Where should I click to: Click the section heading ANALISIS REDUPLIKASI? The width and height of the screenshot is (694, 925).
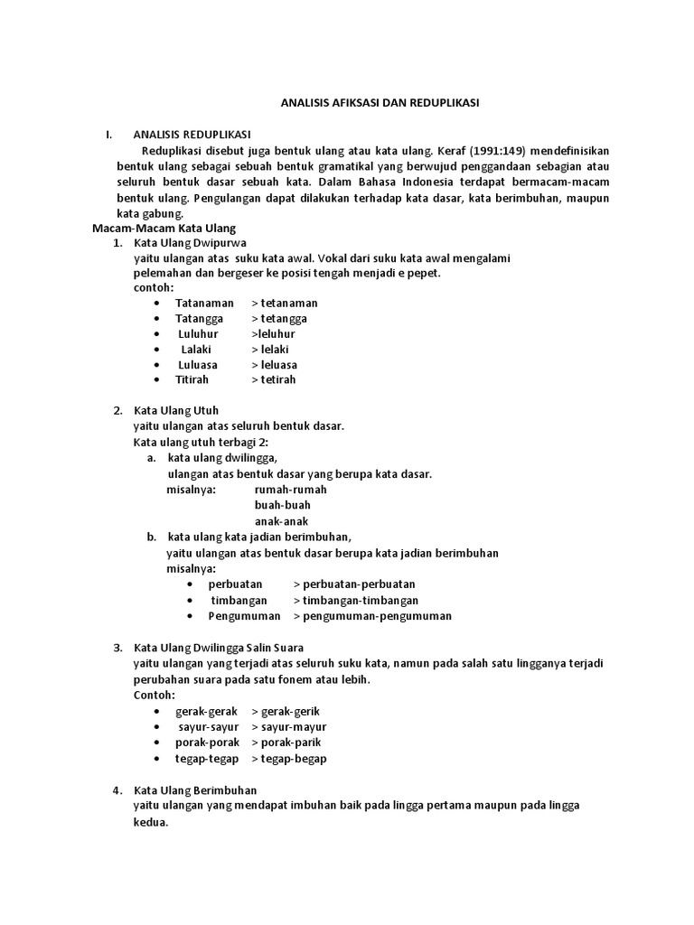coord(192,135)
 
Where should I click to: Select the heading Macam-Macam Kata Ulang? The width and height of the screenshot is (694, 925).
coord(164,229)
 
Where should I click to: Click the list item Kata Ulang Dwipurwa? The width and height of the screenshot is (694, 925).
coord(189,243)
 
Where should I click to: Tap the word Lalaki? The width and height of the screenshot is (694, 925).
coord(196,349)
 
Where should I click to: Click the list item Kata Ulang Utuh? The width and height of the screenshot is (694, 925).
coord(176,410)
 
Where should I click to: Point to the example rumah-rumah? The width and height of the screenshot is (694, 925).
coord(291,489)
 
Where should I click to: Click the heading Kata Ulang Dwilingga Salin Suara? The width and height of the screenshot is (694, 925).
coord(219,648)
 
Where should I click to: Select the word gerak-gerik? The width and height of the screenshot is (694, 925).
coord(286,711)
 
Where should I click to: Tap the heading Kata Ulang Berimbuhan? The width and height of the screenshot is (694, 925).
coord(195,790)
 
